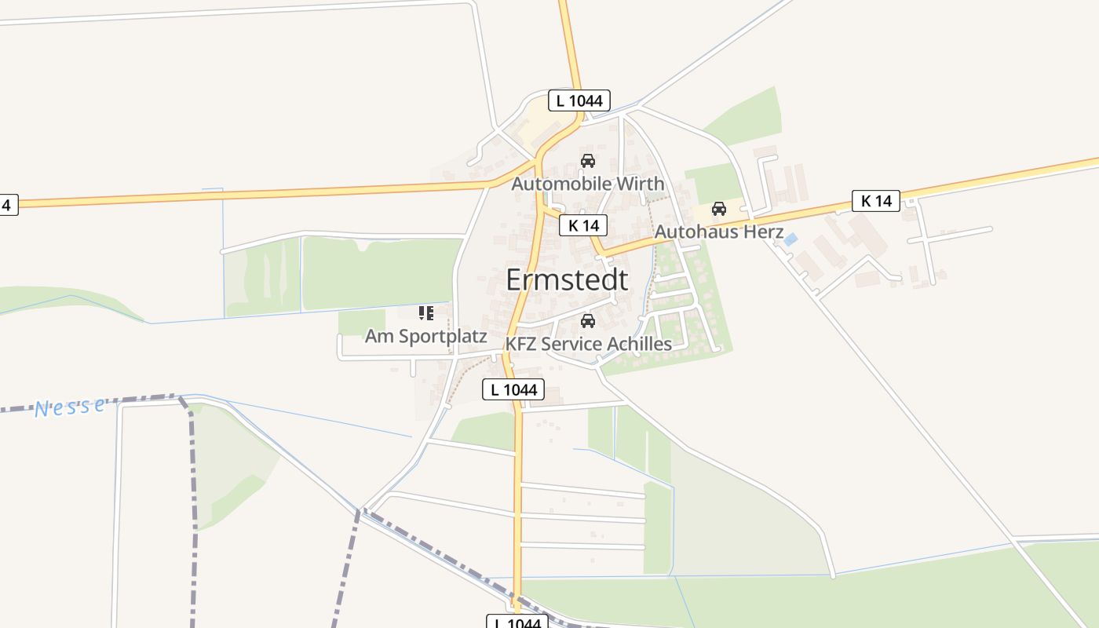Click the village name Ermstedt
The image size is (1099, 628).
567,280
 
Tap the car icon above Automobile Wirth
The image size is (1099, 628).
587,161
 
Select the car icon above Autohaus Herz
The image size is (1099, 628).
718,209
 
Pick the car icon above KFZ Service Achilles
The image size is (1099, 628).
588,321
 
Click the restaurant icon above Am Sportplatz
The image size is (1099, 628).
426,314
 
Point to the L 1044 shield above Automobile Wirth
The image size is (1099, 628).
579,100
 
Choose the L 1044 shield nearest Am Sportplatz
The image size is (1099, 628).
513,389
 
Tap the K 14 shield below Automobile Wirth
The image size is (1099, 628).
583,226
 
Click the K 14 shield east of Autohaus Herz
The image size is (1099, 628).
876,201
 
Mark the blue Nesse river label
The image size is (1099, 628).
70,407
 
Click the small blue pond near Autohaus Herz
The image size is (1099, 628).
790,239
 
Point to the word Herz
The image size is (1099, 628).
766,232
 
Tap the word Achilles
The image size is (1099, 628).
640,345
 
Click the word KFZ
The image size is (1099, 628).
521,345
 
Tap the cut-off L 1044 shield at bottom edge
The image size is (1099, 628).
517,623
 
